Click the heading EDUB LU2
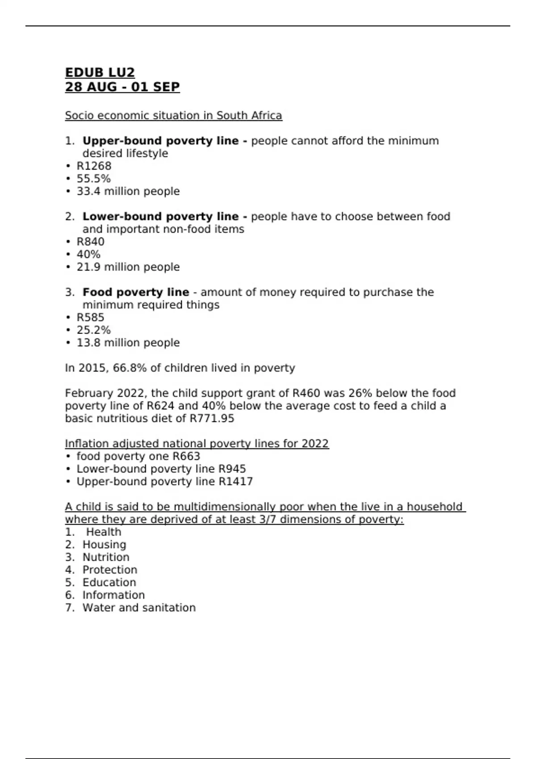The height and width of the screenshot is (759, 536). [x=100, y=72]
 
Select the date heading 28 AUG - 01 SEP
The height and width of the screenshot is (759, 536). [x=122, y=87]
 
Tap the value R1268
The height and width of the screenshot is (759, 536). [x=94, y=166]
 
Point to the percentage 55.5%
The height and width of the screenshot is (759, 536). [x=93, y=179]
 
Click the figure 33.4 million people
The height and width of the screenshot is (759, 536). [x=128, y=191]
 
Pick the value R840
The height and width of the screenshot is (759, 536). [x=90, y=242]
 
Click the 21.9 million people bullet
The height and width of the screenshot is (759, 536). [x=128, y=267]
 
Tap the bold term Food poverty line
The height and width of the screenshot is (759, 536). [x=136, y=292]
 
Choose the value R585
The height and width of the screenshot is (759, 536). [x=90, y=317]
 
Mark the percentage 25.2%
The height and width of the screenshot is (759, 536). [x=93, y=330]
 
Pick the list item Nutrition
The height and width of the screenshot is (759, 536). [x=106, y=557]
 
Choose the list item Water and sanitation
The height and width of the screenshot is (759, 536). [x=139, y=608]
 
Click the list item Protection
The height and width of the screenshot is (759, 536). [x=110, y=570]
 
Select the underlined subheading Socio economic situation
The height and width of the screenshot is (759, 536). [x=173, y=116]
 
